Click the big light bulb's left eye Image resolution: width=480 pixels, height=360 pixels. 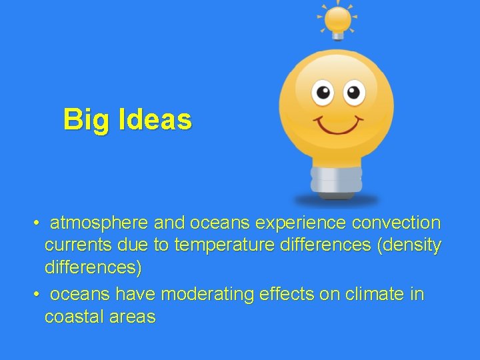tap(323, 92)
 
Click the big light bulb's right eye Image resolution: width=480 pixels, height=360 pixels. tap(354, 92)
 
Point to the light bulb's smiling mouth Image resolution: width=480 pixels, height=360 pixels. tap(339, 124)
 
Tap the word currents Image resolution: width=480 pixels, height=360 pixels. tap(77, 245)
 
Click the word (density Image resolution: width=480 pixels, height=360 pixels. tap(409, 245)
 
